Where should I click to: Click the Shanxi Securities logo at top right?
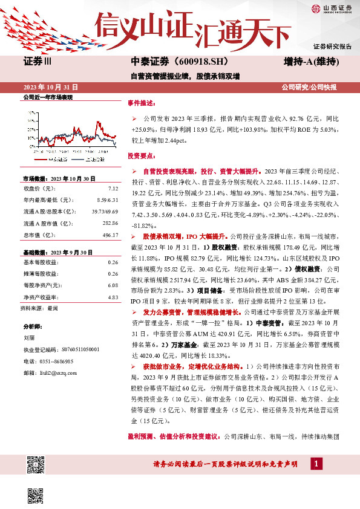click(x=332, y=8)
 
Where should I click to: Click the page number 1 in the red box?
click(x=315, y=463)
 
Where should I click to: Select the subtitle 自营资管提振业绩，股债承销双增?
click(x=185, y=77)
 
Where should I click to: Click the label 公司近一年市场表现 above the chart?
click(x=47, y=97)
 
